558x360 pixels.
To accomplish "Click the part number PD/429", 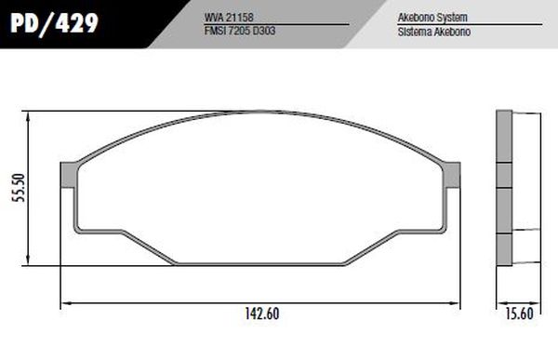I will click(54, 22).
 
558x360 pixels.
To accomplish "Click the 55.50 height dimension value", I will click(13, 189).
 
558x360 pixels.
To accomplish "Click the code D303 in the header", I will click(268, 31).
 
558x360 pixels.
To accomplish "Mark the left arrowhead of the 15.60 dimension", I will click(500, 302).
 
